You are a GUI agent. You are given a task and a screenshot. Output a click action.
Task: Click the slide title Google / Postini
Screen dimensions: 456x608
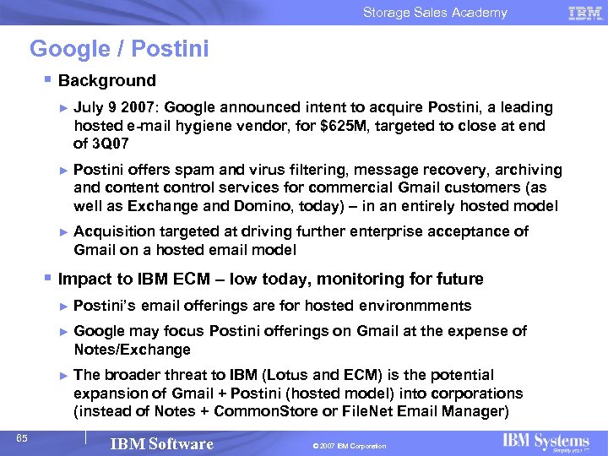click(119, 49)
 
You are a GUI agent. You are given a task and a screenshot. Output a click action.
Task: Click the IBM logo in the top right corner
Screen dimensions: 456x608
click(585, 12)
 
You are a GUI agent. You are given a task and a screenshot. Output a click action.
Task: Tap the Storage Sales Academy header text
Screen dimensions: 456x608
click(435, 12)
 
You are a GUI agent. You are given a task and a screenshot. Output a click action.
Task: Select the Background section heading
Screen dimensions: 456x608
click(107, 81)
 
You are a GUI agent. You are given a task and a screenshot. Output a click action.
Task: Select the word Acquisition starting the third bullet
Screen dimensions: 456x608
click(114, 231)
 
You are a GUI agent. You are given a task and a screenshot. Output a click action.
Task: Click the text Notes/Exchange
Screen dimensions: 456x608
click(132, 350)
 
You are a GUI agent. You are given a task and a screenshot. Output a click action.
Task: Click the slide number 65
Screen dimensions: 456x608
click(23, 437)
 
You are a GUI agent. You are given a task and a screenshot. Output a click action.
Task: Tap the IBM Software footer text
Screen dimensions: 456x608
click(162, 444)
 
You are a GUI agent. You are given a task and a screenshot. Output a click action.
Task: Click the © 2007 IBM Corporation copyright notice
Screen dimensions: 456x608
click(348, 446)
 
